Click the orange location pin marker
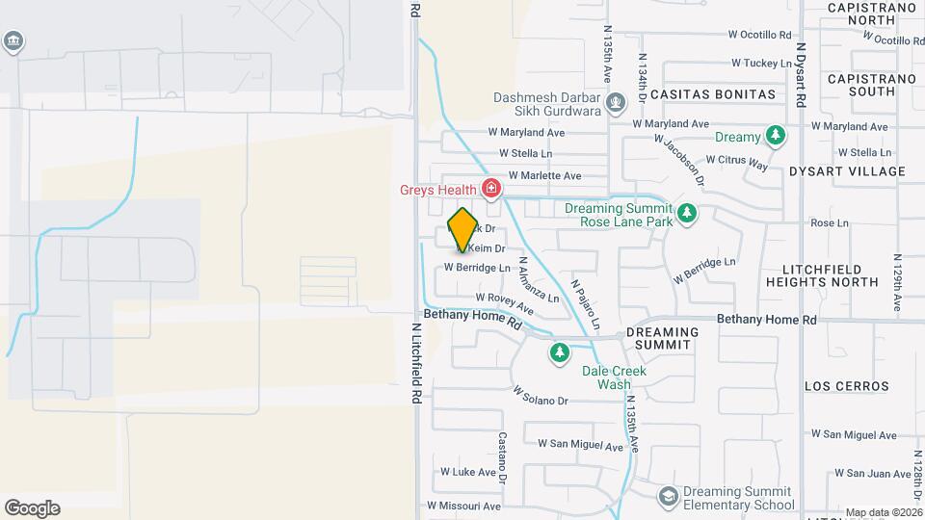pos(463,229)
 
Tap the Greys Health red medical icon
pos(491,188)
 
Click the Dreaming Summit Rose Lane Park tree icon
pos(687,213)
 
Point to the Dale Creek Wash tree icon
pos(560,352)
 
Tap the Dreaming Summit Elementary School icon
pos(667,495)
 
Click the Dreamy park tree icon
pos(774,134)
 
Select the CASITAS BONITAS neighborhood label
pos(712,94)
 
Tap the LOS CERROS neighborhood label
pos(847,386)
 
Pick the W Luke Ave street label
pos(467,472)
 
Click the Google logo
pos(32,508)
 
